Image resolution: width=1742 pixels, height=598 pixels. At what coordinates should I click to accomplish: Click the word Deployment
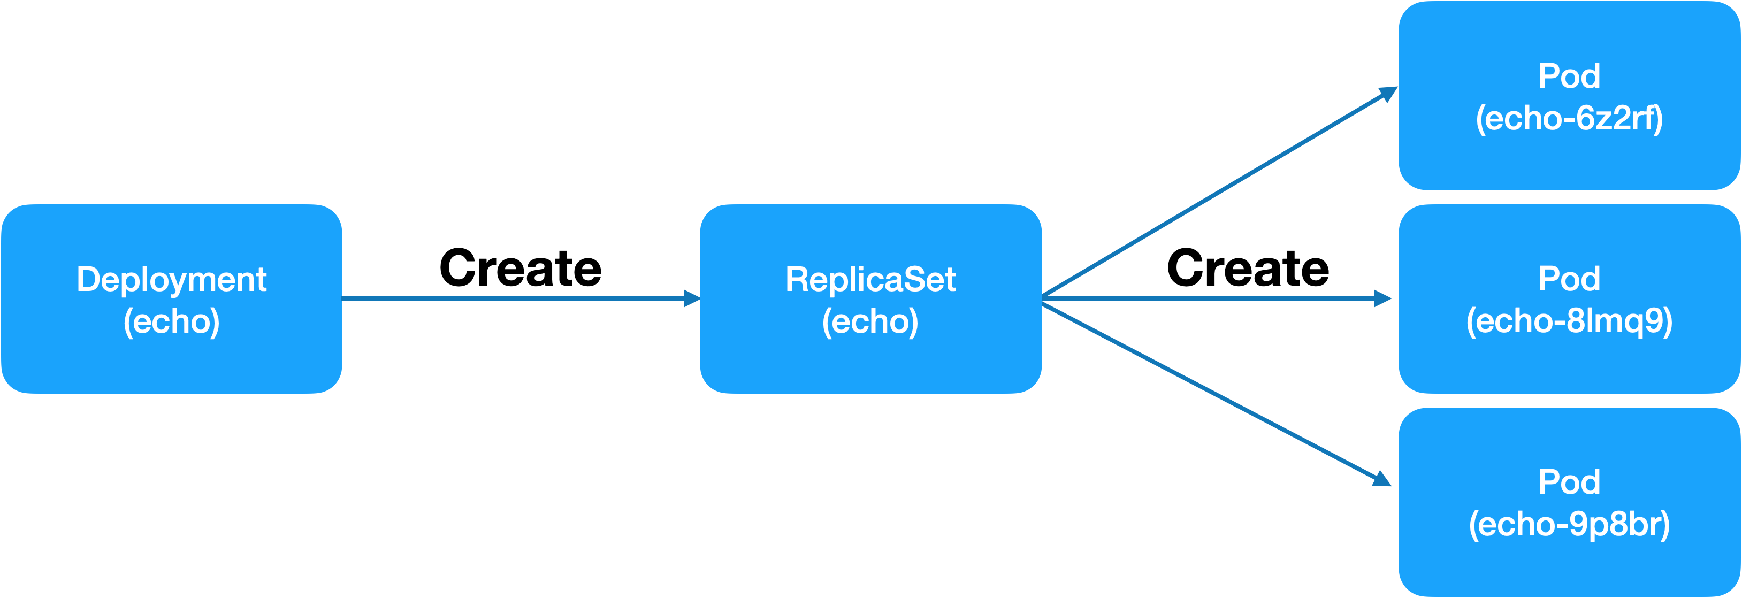click(x=171, y=280)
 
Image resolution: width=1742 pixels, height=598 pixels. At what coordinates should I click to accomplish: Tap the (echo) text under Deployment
click(x=171, y=321)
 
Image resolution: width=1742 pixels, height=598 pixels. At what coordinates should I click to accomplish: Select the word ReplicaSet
click(x=870, y=280)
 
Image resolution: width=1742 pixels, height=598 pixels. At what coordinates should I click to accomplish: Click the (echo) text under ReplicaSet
click(x=870, y=321)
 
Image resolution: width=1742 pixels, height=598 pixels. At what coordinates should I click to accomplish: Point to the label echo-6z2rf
click(x=1569, y=119)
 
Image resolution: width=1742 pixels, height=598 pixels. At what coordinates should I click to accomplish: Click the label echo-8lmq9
click(x=1569, y=321)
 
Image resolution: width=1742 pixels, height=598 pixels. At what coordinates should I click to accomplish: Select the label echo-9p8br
click(x=1569, y=524)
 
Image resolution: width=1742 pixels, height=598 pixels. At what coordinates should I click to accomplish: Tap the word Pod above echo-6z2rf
click(x=1569, y=76)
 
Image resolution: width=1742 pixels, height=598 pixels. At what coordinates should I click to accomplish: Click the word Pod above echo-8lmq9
click(x=1569, y=279)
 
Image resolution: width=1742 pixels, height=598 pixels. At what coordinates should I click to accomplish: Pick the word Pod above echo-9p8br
click(x=1569, y=482)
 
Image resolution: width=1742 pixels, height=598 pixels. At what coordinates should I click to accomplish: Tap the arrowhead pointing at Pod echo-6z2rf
click(x=1388, y=94)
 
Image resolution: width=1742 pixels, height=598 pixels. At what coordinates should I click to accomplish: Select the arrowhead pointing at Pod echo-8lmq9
click(x=1383, y=298)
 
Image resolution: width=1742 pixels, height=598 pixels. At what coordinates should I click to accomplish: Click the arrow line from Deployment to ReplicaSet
click(x=514, y=298)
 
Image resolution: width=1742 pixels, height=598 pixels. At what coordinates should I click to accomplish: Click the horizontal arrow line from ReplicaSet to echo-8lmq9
click(x=1211, y=298)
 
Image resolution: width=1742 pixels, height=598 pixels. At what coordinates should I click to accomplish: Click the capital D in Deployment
click(x=86, y=279)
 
